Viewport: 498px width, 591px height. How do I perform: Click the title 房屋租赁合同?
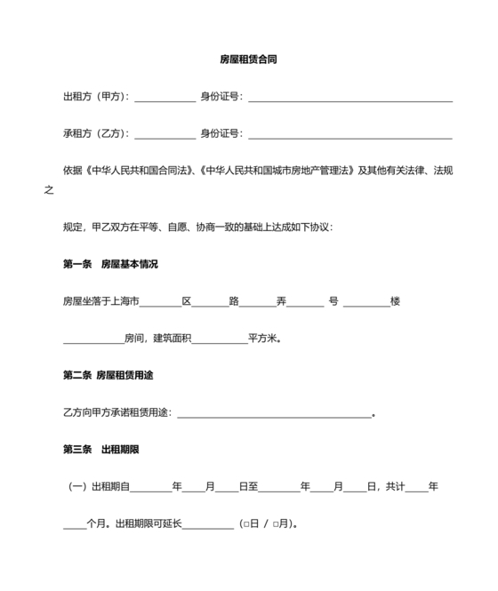(x=249, y=60)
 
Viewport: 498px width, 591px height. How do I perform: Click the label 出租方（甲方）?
(x=95, y=97)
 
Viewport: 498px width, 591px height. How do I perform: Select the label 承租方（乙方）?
(x=95, y=134)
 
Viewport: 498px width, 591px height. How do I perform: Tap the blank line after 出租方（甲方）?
(x=165, y=98)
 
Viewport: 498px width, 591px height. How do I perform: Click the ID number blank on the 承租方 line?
(x=349, y=135)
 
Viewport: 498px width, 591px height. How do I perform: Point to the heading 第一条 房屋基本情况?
(x=110, y=264)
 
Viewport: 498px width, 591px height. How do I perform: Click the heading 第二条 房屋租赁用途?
(x=108, y=376)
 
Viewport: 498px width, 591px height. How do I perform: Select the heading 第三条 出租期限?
(x=100, y=450)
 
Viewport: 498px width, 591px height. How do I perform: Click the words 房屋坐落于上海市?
(x=100, y=301)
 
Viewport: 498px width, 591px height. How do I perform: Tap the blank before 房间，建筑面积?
(x=93, y=339)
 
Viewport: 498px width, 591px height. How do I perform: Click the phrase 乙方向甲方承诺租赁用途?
(x=117, y=413)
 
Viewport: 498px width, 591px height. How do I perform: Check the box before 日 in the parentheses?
(x=244, y=524)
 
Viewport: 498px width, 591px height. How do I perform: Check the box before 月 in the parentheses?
(x=276, y=524)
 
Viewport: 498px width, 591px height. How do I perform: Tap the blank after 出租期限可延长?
(x=207, y=525)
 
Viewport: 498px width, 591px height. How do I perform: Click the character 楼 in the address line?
(x=395, y=301)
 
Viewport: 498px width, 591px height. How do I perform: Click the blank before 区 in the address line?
(x=161, y=302)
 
